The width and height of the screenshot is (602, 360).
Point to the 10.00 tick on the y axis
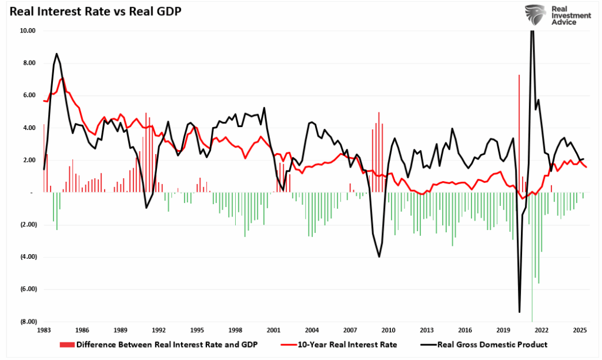(28, 31)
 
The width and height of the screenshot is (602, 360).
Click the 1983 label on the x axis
(44, 331)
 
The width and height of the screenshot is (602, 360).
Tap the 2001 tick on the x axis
(273, 331)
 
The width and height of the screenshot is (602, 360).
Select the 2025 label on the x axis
(580, 331)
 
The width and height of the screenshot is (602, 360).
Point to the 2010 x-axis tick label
(388, 331)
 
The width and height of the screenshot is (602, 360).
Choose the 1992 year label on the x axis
(159, 331)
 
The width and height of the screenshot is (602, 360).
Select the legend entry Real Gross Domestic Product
(491, 345)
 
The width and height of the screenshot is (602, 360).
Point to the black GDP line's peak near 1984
(56, 54)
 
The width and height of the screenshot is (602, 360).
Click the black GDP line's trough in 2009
(379, 256)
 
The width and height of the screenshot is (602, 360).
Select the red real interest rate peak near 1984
(62, 78)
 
